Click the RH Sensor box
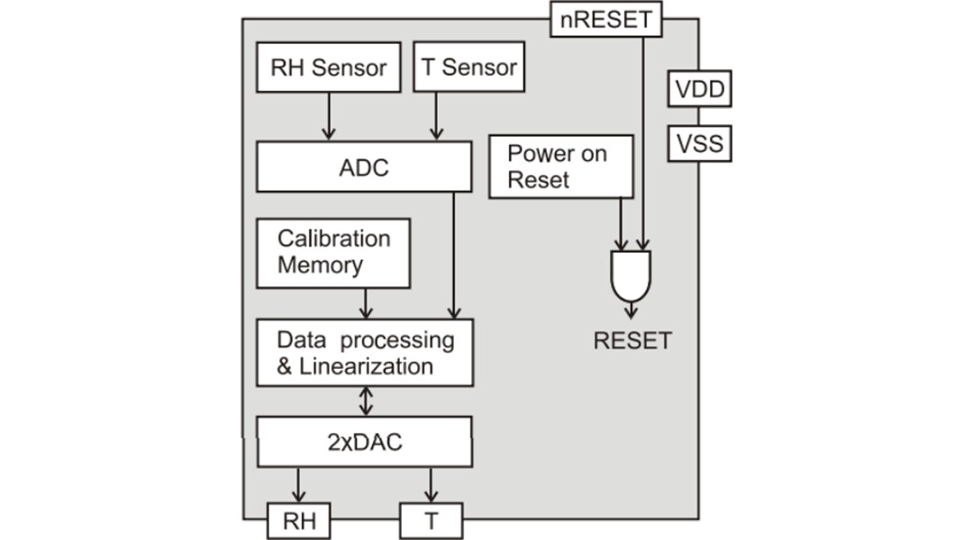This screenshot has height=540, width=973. (x=328, y=67)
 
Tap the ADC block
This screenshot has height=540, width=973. (x=364, y=167)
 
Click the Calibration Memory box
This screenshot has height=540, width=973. (x=333, y=253)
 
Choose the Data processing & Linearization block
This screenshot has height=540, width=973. (x=365, y=353)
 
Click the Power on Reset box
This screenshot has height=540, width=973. (x=558, y=166)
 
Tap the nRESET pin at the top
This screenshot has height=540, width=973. (x=605, y=19)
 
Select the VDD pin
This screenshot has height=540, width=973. (x=699, y=90)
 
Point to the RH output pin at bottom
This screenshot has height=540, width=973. (x=298, y=519)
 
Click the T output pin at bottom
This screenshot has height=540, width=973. (x=431, y=519)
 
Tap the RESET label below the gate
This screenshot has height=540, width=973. (x=632, y=341)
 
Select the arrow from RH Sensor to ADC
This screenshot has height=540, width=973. (x=328, y=116)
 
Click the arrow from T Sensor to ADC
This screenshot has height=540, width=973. (x=436, y=116)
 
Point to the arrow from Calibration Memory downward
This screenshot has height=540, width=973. (x=365, y=303)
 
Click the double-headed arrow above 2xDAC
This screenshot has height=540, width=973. (x=365, y=401)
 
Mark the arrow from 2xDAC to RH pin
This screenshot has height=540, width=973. (x=298, y=485)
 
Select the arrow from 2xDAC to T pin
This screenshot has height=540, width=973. (x=431, y=485)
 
